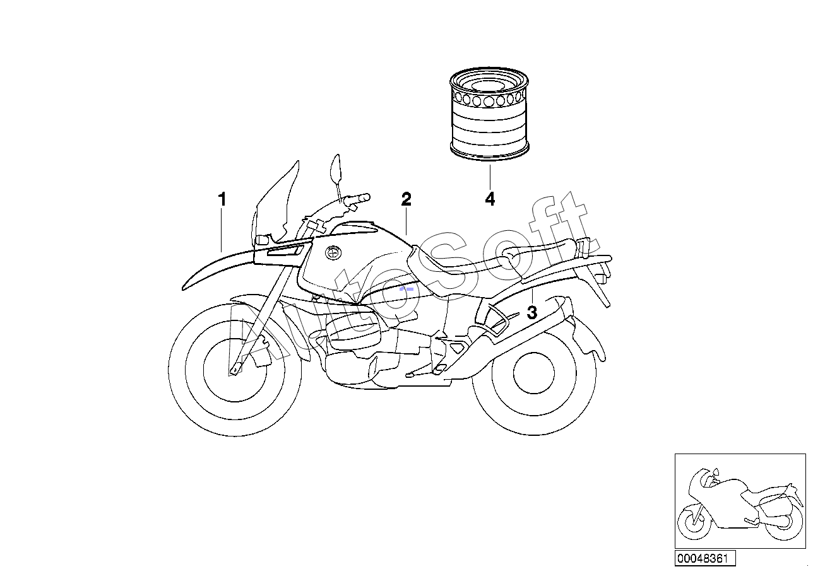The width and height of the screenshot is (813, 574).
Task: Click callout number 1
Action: click(x=222, y=199)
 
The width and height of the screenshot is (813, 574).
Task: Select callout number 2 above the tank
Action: click(x=406, y=199)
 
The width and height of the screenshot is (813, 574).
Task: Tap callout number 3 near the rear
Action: click(x=532, y=313)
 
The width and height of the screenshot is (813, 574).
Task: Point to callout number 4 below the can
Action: click(x=490, y=199)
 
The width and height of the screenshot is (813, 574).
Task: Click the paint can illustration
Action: click(x=489, y=114)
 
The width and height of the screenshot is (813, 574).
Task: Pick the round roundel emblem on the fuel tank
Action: click(x=333, y=252)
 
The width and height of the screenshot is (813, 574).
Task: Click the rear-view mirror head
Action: click(x=335, y=169)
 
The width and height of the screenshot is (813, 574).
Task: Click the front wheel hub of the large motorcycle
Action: click(x=235, y=370)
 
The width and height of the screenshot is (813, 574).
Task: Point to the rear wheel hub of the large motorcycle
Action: click(x=534, y=373)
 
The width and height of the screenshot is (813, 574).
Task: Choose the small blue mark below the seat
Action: click(x=406, y=289)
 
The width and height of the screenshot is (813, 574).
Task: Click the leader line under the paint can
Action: click(x=490, y=177)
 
